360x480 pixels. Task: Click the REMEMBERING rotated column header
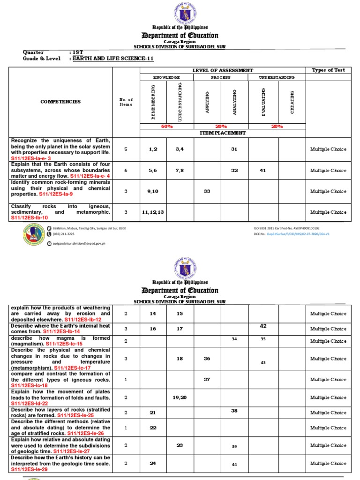click(153, 102)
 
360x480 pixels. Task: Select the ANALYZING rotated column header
click(235, 102)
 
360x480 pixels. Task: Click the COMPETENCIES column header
click(60, 102)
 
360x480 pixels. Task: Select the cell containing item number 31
click(234, 149)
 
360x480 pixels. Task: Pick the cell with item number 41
click(262, 171)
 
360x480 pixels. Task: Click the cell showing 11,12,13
click(153, 212)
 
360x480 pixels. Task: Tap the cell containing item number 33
click(207, 191)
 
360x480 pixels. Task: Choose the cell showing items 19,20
click(180, 397)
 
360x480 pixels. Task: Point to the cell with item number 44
click(235, 464)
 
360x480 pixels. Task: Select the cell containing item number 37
click(207, 379)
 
